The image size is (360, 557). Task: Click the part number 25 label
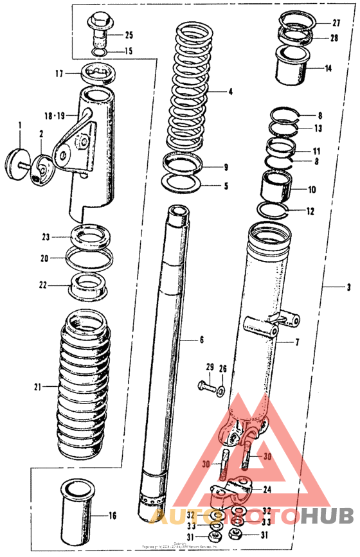[x=129, y=34]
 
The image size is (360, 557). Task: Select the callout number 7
[x=297, y=342]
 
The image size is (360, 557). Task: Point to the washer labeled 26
[x=222, y=389]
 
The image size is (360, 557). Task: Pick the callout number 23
[x=45, y=236]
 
